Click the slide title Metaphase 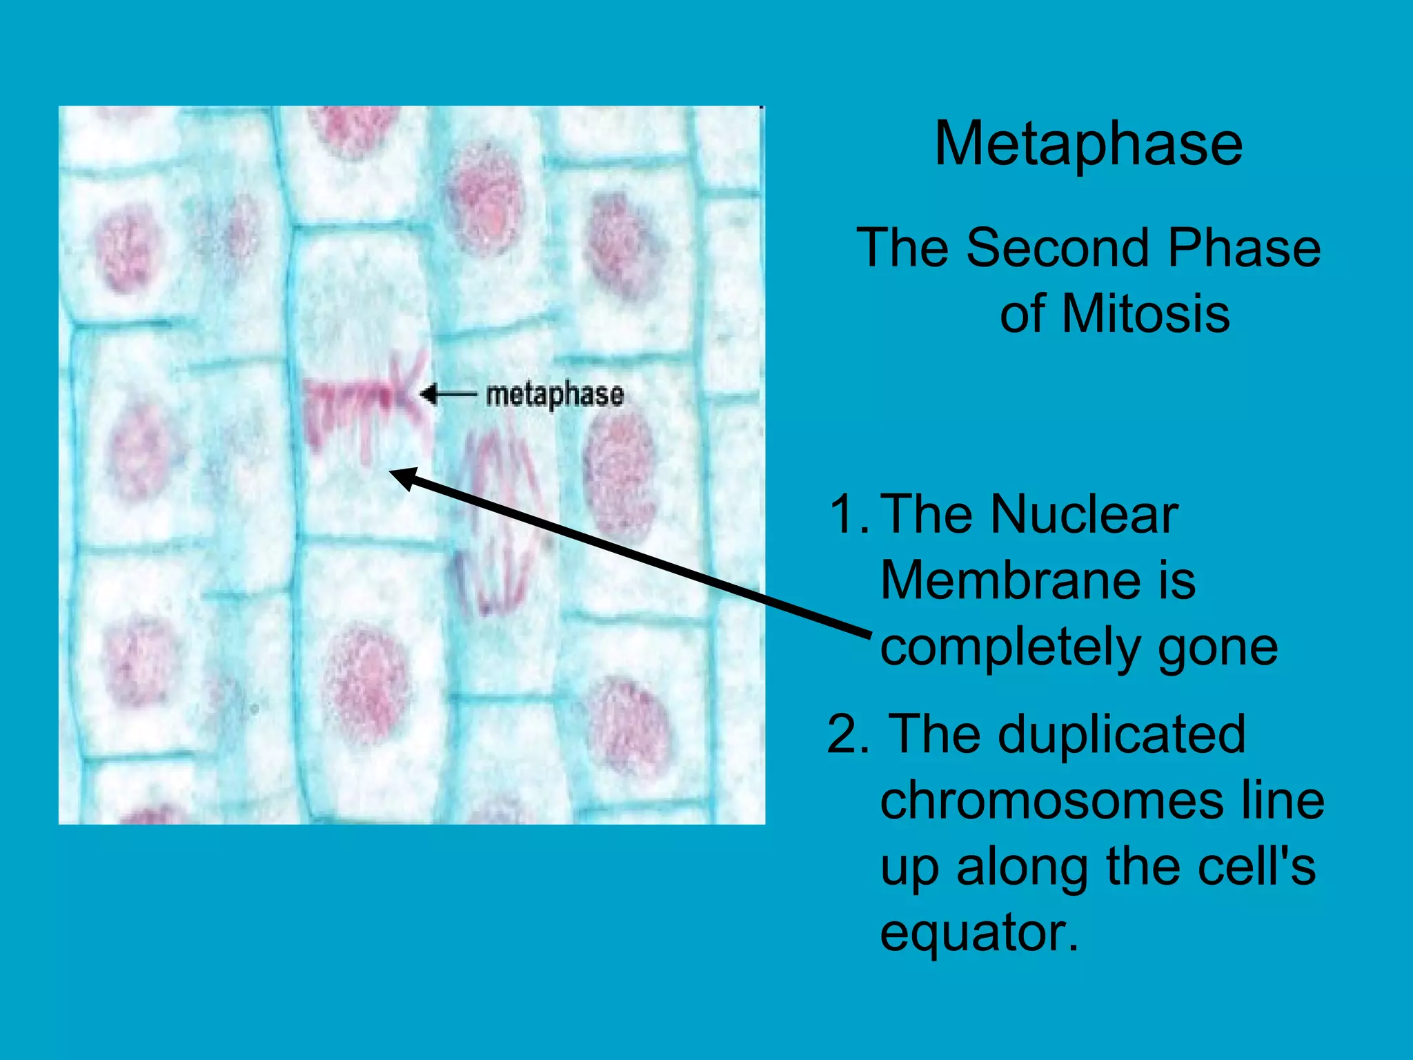tap(1088, 144)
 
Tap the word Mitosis tap(1146, 314)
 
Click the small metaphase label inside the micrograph tap(555, 395)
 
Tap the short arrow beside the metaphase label tap(448, 395)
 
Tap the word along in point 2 tap(1025, 867)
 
